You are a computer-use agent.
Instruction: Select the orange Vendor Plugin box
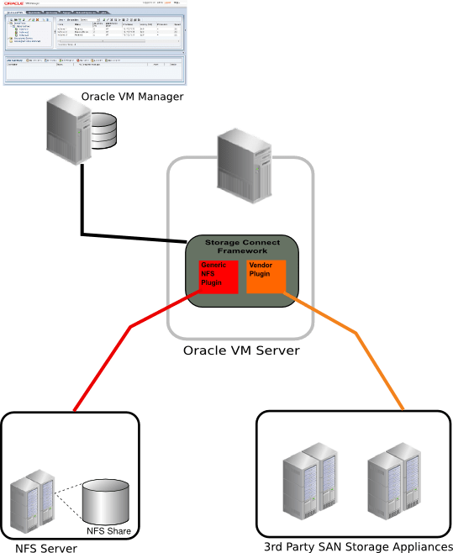tap(266, 276)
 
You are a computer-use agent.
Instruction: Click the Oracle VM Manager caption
tap(132, 97)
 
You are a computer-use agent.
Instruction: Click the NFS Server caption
tap(46, 548)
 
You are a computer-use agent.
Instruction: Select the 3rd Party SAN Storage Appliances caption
tap(357, 546)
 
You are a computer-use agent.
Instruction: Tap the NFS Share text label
tap(109, 530)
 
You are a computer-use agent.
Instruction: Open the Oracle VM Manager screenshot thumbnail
tap(93, 42)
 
